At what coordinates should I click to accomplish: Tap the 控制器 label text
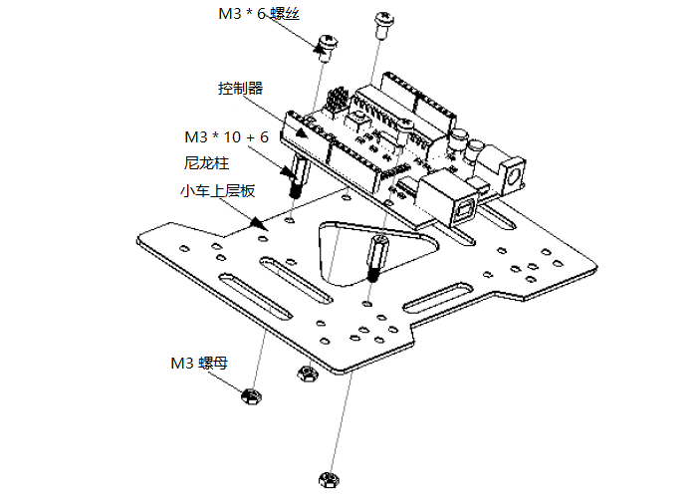(241, 88)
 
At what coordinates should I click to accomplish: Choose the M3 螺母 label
(199, 363)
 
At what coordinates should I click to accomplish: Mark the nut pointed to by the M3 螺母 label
(250, 396)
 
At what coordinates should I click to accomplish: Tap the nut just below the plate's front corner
(307, 374)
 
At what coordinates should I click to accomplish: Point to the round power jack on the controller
(512, 175)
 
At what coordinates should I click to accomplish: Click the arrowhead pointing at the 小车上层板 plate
(257, 226)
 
